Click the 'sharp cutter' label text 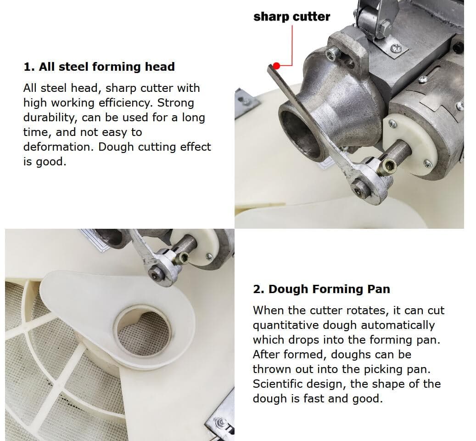click(x=291, y=17)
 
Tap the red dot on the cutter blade click(x=276, y=66)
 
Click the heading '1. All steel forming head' click(x=99, y=67)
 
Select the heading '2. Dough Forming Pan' click(x=321, y=289)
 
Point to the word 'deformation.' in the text click(x=59, y=147)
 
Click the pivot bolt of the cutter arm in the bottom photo click(x=157, y=270)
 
